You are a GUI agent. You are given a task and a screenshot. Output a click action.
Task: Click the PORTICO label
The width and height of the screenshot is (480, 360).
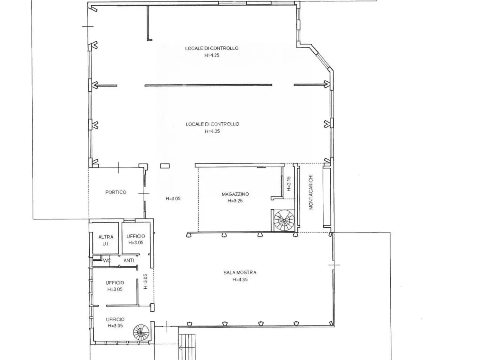[115, 192]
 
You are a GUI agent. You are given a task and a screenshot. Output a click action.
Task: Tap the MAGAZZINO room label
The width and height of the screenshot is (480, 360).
[235, 194]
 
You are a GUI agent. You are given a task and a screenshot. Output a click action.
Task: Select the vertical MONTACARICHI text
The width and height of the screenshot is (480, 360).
[311, 192]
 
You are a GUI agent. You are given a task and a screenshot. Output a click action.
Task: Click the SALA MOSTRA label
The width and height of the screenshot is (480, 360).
[240, 272]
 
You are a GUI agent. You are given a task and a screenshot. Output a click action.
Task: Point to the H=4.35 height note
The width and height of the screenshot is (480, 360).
[240, 279]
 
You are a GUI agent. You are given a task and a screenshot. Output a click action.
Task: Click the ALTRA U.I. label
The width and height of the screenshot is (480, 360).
[106, 240]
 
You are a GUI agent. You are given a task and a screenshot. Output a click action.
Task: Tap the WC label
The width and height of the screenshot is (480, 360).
[107, 261]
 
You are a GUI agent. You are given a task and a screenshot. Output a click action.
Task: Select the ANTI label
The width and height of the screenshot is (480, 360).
[129, 260]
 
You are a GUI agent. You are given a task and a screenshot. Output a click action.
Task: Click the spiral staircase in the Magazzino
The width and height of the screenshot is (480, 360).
[284, 220]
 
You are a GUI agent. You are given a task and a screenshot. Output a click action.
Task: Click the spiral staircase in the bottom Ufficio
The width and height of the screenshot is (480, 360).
[141, 332]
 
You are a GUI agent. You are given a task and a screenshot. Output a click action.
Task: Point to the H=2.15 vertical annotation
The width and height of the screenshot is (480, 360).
[289, 184]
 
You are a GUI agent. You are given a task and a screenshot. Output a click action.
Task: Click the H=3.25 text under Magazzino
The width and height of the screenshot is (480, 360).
[235, 200]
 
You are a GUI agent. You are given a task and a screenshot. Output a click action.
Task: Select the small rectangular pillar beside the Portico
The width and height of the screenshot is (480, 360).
[165, 166]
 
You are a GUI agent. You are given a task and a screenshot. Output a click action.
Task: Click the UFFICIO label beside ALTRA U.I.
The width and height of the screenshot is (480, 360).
[136, 236]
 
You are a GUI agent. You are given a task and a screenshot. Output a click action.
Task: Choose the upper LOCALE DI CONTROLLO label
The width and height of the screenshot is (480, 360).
[211, 48]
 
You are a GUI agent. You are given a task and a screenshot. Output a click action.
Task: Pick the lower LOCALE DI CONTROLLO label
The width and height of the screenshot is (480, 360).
[212, 124]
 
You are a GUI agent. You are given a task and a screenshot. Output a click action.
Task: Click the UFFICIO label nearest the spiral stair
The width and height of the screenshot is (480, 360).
[115, 319]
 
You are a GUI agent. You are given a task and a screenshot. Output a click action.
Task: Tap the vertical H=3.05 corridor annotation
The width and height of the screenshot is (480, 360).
[145, 281]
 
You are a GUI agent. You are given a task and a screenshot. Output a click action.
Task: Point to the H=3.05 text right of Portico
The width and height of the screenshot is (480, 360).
[173, 198]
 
